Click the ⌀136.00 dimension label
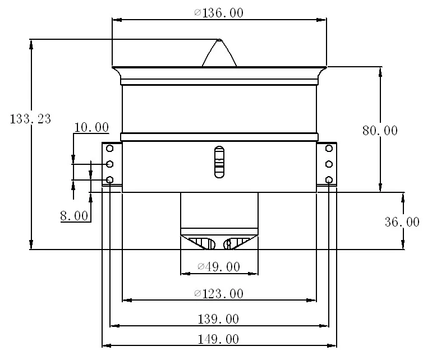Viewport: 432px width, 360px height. [219, 13]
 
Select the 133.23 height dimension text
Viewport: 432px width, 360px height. [30, 119]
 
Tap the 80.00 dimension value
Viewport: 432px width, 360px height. [380, 131]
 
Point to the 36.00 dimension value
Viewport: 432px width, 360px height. [402, 221]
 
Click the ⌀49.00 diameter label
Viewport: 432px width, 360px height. [219, 266]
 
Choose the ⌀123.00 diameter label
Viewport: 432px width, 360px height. [219, 294]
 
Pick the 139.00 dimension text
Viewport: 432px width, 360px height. [218, 319]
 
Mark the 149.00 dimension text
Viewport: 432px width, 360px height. [218, 339]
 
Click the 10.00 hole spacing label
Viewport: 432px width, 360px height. [91, 127]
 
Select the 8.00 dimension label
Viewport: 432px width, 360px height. [74, 216]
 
